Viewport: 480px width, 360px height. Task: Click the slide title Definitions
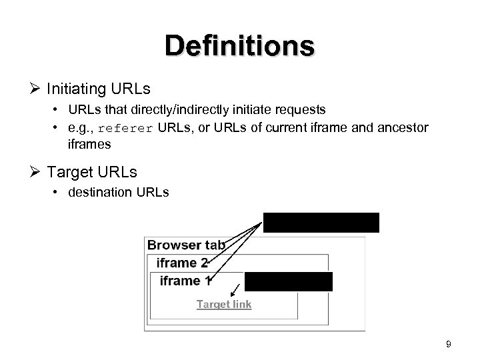coord(240,46)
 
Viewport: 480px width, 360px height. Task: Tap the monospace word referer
coord(131,129)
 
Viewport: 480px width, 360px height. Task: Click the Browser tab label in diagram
coord(186,245)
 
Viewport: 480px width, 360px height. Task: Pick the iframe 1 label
coord(185,281)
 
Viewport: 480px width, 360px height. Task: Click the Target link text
coord(224,304)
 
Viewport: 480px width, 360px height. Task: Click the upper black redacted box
coord(321,222)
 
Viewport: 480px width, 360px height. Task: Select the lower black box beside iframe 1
coord(288,281)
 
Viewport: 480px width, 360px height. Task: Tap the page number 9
coord(448,345)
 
